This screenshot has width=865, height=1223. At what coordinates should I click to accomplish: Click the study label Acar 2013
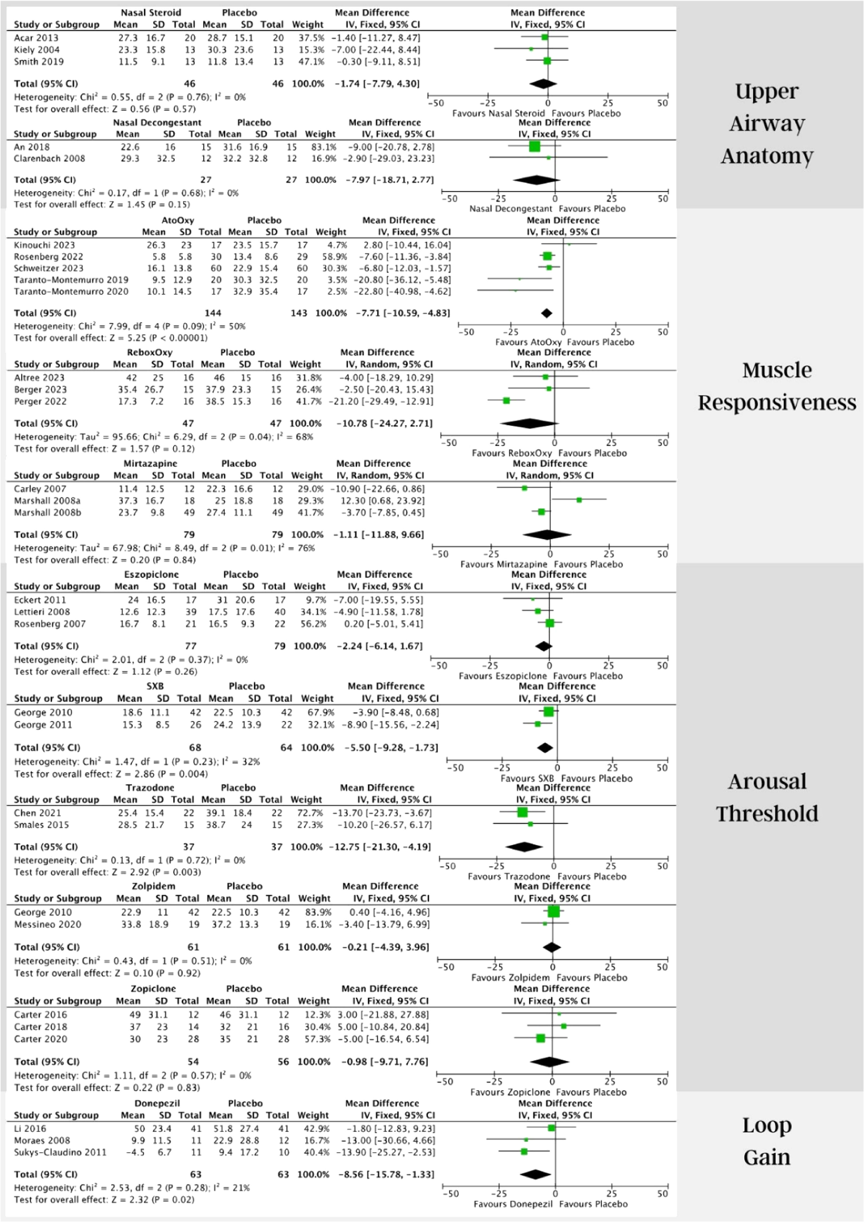click(x=36, y=38)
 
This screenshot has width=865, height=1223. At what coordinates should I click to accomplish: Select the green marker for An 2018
click(x=534, y=147)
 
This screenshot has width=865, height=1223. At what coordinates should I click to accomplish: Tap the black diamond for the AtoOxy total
click(x=546, y=313)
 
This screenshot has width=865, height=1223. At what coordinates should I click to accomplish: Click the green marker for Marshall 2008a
click(x=579, y=500)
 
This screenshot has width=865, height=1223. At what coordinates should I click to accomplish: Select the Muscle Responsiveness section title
click(x=777, y=386)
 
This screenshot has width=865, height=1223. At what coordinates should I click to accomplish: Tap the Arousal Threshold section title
click(x=767, y=797)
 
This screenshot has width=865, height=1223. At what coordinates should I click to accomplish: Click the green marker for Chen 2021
click(x=522, y=812)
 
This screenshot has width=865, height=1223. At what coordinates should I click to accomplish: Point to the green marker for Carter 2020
click(x=541, y=1038)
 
